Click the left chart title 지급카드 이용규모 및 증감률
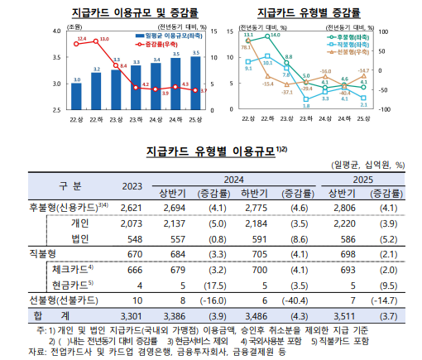tap(127, 14)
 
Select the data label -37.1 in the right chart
tap(285, 92)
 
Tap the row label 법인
tap(79, 238)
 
